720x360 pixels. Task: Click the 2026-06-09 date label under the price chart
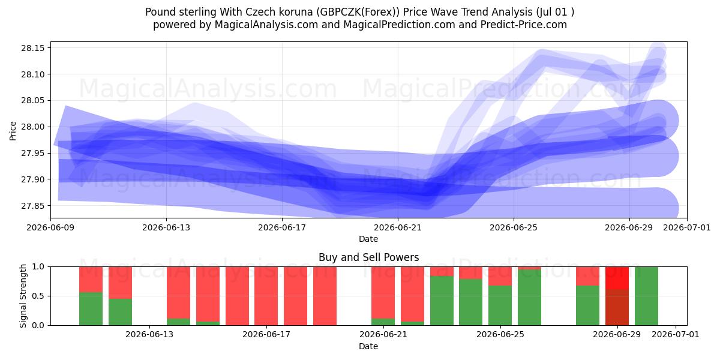tap(50, 227)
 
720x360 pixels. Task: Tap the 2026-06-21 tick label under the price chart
tap(398, 227)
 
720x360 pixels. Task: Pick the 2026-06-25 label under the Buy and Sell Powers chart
tap(500, 335)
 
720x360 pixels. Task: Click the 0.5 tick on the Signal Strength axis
tap(38, 296)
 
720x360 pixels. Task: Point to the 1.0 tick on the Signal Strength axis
tap(38, 267)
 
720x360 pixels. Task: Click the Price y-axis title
tap(13, 131)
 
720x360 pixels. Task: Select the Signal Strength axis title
tap(23, 296)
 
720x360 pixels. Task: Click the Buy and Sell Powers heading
tap(368, 257)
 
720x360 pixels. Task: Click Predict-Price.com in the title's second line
tap(524, 25)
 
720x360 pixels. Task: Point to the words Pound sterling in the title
tap(181, 12)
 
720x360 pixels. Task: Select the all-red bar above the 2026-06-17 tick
tap(266, 296)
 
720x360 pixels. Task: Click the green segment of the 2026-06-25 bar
tap(500, 305)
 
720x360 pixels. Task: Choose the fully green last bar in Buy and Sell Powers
tap(646, 296)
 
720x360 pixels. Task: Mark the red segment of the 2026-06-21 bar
tap(383, 293)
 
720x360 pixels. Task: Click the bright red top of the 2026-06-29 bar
tap(617, 278)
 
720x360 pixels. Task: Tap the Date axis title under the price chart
tap(368, 239)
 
